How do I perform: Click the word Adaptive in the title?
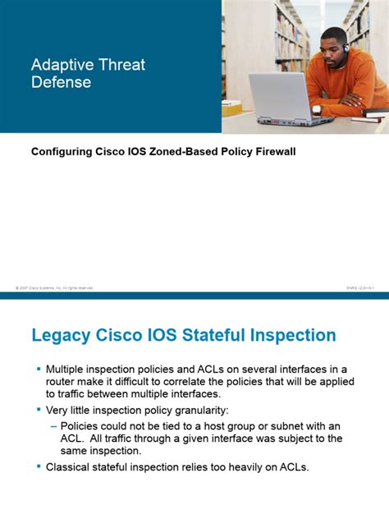pos(60,64)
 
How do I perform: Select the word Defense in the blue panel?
pos(61,82)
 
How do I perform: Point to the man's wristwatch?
pos(317,108)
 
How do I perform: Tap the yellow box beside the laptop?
pos(232,108)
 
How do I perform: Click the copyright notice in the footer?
pos(54,288)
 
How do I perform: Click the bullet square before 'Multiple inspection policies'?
pos(38,368)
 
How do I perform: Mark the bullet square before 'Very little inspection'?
pos(38,409)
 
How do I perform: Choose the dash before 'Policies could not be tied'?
pos(54,425)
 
